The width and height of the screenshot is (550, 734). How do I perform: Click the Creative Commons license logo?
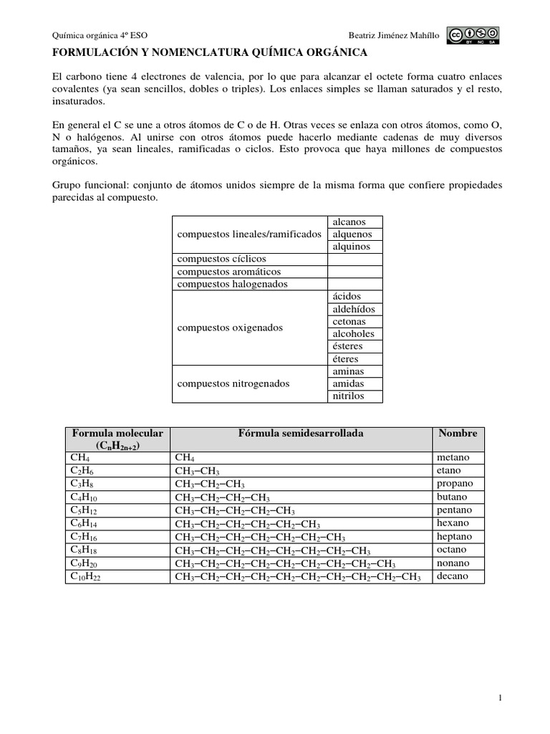473,36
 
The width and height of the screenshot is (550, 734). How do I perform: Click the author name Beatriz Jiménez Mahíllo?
393,36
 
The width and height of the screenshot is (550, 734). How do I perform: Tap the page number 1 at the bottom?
500,697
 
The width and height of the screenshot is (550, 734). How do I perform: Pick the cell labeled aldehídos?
354,309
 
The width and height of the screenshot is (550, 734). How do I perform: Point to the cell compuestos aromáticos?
229,272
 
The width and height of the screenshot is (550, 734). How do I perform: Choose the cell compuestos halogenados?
232,285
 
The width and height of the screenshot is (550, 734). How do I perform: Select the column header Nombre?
458,434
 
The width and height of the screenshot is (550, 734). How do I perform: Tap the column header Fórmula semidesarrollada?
300,434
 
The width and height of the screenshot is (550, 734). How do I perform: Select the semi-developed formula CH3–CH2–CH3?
210,484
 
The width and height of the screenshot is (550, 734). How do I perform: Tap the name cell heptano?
455,537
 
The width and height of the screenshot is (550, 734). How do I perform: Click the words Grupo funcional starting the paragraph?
84,185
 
